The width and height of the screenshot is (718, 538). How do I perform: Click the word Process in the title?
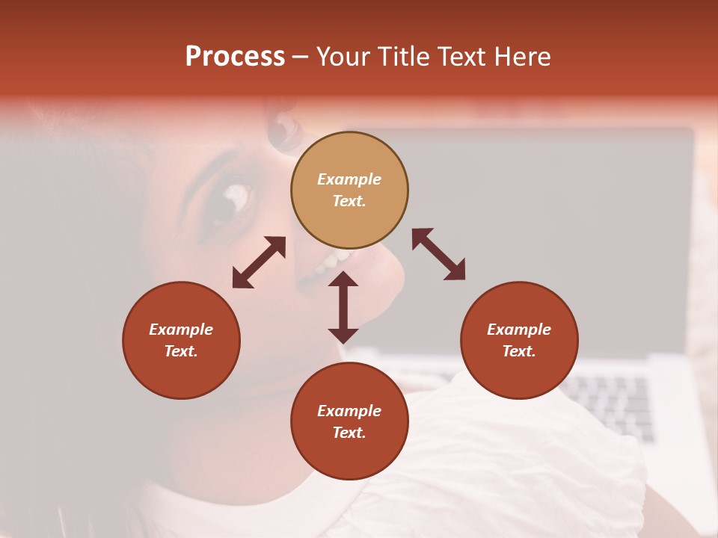pos(235,57)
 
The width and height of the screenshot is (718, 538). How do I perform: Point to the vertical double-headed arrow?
pos(343,307)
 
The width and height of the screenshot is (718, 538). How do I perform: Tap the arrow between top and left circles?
pos(259,262)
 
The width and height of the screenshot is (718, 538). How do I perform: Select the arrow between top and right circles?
pos(438,254)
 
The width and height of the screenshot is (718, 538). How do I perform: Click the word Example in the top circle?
pos(349,179)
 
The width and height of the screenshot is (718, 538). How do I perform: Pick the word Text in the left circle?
pos(181,351)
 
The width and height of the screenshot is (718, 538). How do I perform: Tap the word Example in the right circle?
pos(519,330)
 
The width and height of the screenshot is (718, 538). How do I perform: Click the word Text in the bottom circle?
pos(349,433)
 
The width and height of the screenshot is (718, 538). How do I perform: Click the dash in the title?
pos(300,58)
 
